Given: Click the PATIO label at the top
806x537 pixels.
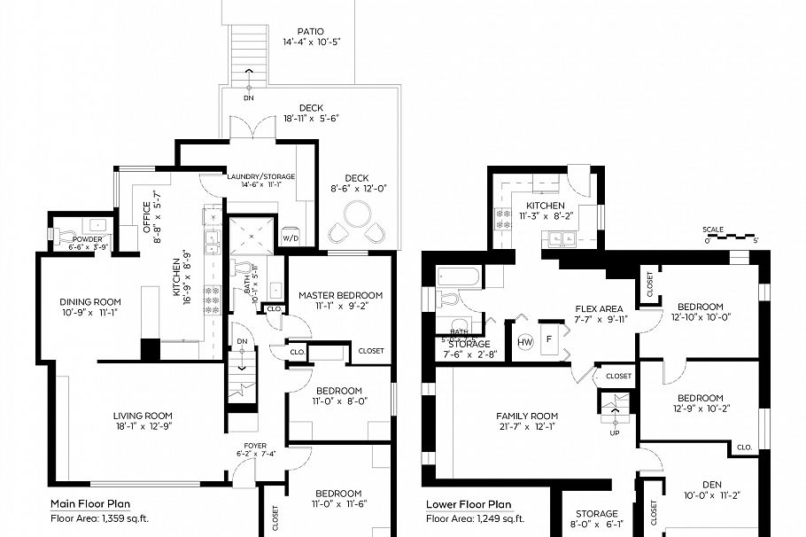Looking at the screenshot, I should (310, 30).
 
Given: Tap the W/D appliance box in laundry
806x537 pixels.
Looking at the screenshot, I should (291, 238).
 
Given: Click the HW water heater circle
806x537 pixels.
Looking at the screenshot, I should (524, 341).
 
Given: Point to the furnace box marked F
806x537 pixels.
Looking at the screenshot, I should (549, 340).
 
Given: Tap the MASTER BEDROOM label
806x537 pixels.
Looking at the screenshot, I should (340, 295).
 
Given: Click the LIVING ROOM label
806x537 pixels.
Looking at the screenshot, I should (142, 416).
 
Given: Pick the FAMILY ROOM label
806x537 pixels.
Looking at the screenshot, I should (526, 416).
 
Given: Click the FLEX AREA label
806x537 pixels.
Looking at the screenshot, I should (599, 309).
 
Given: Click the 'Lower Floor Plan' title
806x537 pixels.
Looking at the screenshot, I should (469, 504).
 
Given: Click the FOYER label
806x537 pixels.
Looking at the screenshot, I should (243, 445).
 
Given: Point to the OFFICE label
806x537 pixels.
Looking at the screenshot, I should (147, 218).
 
